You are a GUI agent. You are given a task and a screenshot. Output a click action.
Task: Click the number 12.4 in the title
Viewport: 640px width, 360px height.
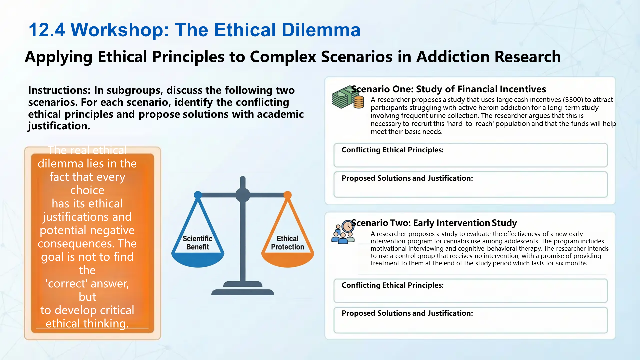(47, 30)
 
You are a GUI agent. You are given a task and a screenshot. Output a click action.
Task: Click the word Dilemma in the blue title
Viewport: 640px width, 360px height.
(321, 30)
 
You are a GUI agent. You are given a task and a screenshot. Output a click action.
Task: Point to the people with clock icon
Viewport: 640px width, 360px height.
(343, 232)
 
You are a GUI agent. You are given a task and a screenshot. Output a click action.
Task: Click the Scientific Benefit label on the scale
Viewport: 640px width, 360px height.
(197, 243)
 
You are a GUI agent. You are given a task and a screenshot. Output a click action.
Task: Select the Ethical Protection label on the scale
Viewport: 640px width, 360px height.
(287, 243)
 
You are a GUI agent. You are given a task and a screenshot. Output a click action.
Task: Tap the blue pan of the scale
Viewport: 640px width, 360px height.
(198, 260)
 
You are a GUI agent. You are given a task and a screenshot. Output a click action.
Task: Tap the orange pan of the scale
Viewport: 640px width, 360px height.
(287, 260)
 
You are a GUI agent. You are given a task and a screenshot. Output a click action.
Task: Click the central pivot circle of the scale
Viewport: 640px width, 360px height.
(243, 195)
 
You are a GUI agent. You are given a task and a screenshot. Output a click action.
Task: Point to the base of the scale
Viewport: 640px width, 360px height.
(243, 292)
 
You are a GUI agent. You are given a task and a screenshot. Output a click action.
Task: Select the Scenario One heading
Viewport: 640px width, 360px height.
(448, 89)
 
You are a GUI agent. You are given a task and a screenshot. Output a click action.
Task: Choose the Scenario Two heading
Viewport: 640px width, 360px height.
(434, 223)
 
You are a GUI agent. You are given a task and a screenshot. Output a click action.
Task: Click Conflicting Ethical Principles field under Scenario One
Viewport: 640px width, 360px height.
(470, 155)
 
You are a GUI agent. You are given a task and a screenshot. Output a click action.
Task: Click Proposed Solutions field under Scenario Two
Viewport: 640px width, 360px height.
(470, 320)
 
